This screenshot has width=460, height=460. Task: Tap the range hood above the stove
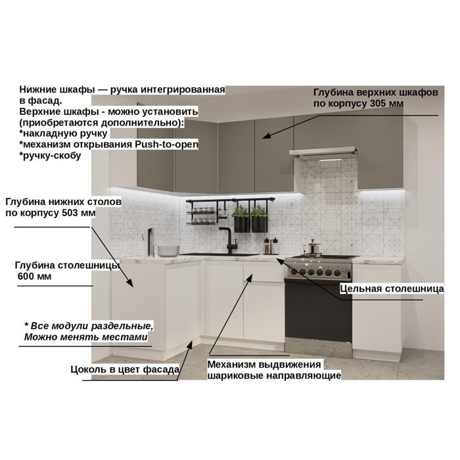click(x=323, y=153)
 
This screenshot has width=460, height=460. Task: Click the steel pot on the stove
click(x=312, y=246)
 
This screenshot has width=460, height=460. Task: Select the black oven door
click(x=318, y=310)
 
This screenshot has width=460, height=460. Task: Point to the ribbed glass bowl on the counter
click(x=168, y=251)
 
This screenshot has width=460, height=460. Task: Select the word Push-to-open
click(x=166, y=145)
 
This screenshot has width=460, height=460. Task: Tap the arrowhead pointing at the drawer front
click(x=249, y=278)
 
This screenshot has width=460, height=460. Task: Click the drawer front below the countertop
click(x=264, y=271)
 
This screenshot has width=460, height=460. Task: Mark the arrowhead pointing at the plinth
click(x=189, y=345)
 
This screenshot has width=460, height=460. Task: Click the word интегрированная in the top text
click(x=183, y=89)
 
